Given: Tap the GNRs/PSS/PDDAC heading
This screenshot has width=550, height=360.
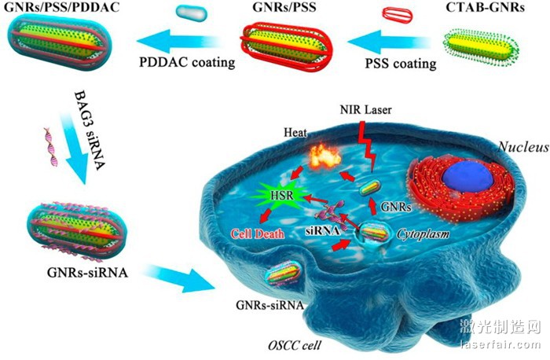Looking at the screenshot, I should click(x=53, y=9).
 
